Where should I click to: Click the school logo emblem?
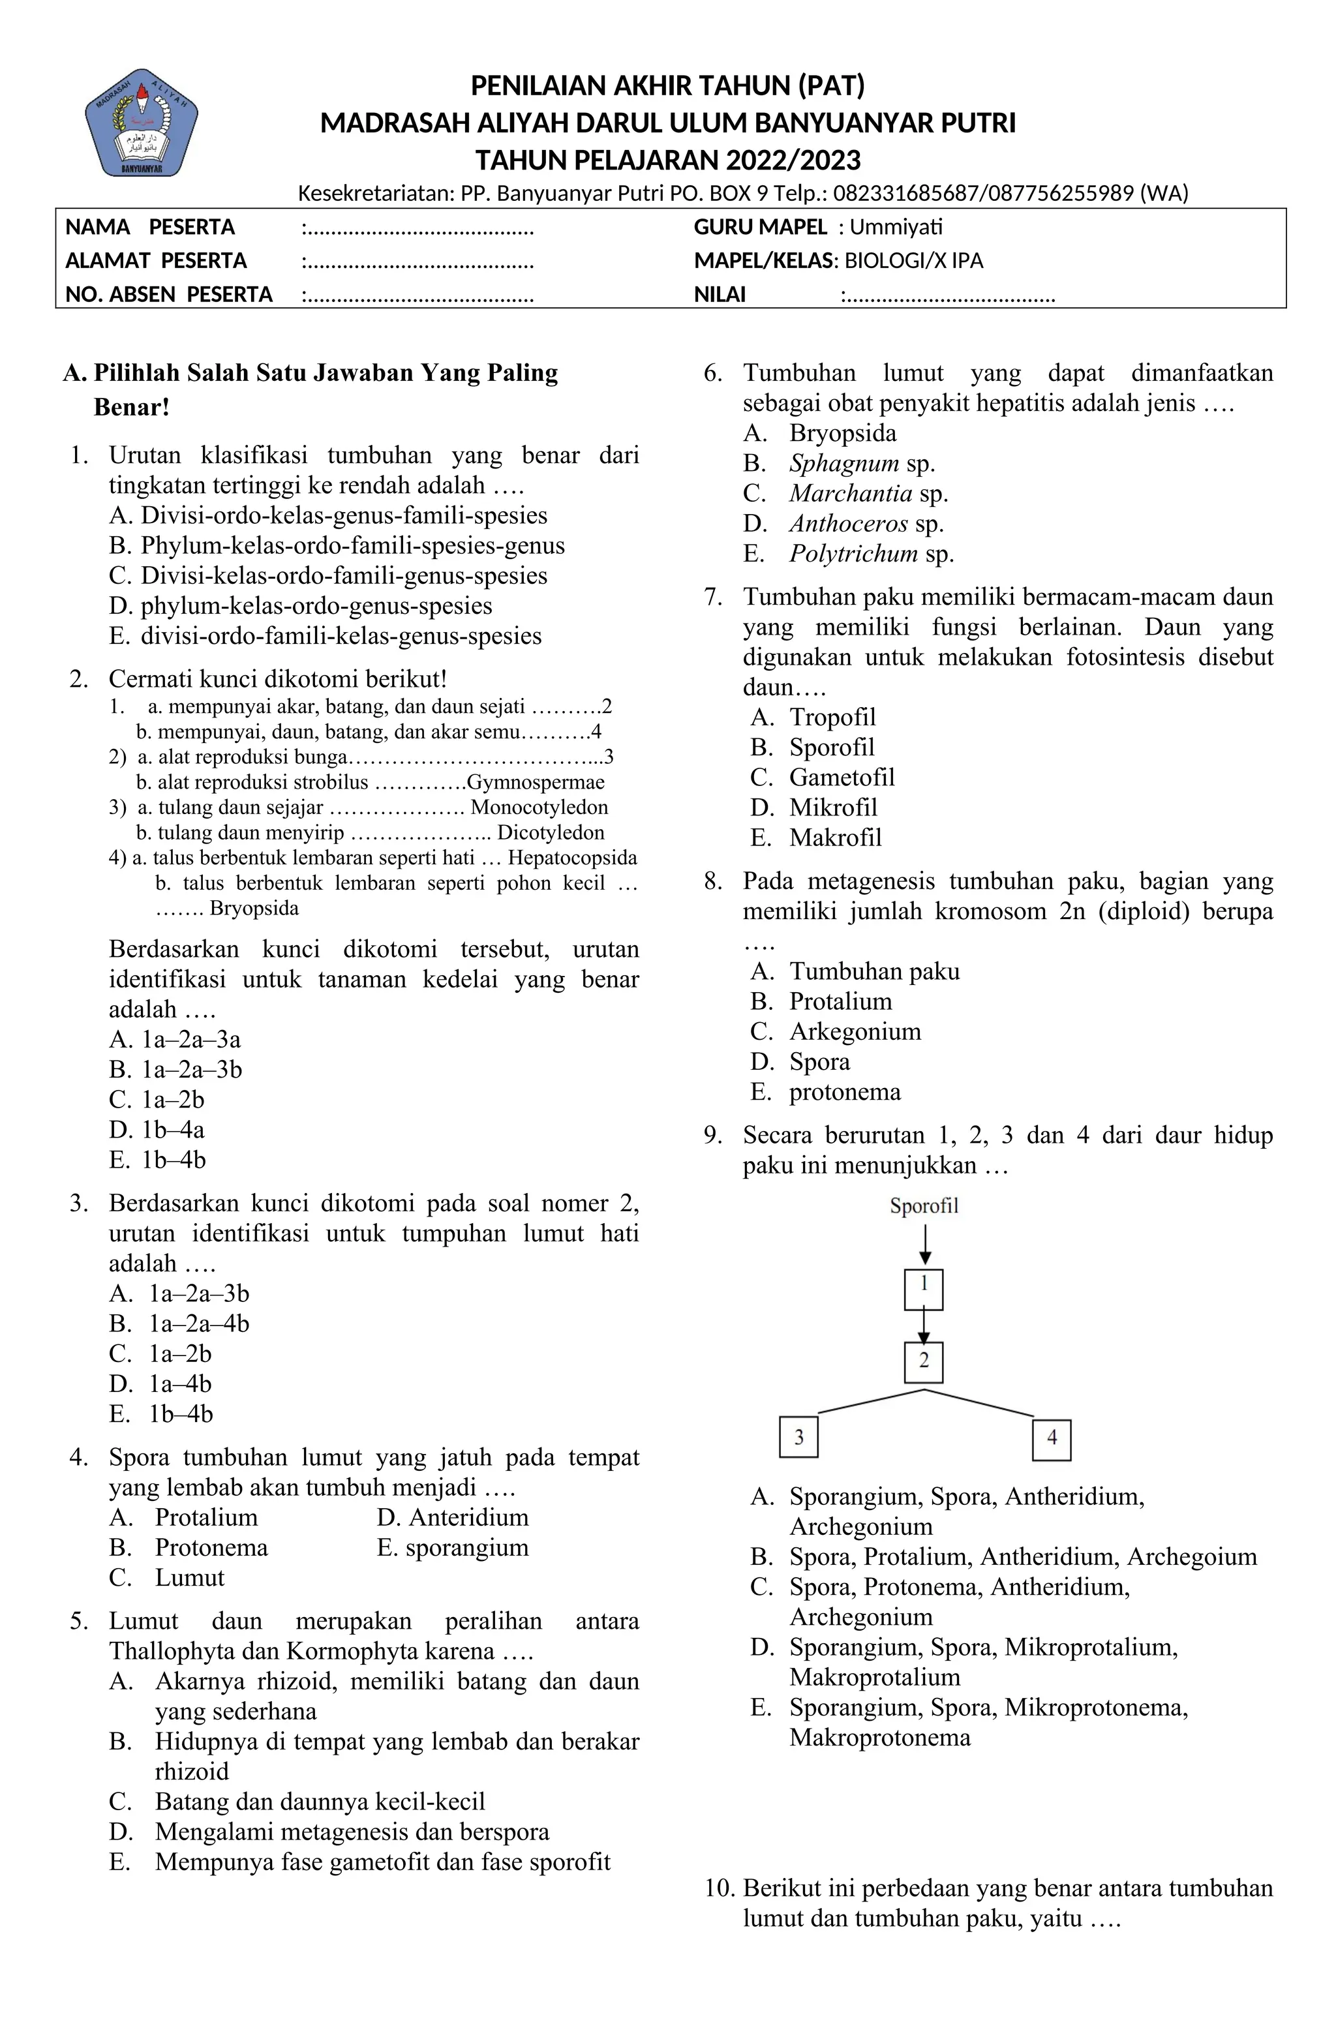click(x=142, y=122)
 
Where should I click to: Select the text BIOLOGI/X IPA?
click(x=913, y=261)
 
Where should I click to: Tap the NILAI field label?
click(x=720, y=295)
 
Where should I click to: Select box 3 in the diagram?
click(x=798, y=1438)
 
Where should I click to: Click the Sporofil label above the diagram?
click(x=923, y=1206)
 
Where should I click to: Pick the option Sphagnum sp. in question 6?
click(x=861, y=464)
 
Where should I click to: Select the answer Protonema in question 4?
click(x=211, y=1548)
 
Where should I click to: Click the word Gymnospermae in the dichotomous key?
click(x=535, y=783)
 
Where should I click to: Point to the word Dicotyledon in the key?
click(x=551, y=832)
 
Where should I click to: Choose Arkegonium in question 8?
click(x=855, y=1032)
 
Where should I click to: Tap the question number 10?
click(x=720, y=1888)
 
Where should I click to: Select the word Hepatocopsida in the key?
click(x=572, y=858)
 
